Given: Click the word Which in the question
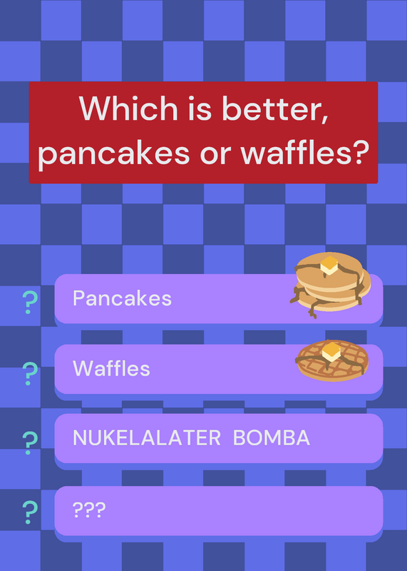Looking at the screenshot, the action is [128, 108].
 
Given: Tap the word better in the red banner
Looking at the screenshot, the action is [275, 109].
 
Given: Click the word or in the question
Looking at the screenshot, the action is [215, 154].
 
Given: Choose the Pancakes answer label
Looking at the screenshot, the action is [122, 298].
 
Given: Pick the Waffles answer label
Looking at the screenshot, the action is [111, 368].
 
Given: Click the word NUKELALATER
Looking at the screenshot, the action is [147, 438].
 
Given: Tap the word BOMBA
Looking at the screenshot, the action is [272, 438].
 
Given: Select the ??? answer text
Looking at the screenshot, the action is [89, 510].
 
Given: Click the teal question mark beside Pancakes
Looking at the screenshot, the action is [29, 302].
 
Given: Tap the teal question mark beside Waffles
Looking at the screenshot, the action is [29, 373].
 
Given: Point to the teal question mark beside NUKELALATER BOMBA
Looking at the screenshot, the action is [29, 443].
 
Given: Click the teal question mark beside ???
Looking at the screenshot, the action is [29, 512].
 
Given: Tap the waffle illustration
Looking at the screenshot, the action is [332, 360].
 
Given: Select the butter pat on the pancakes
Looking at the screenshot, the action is [329, 266].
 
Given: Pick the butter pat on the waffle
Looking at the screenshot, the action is [331, 352].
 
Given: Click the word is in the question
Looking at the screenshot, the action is [200, 108].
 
